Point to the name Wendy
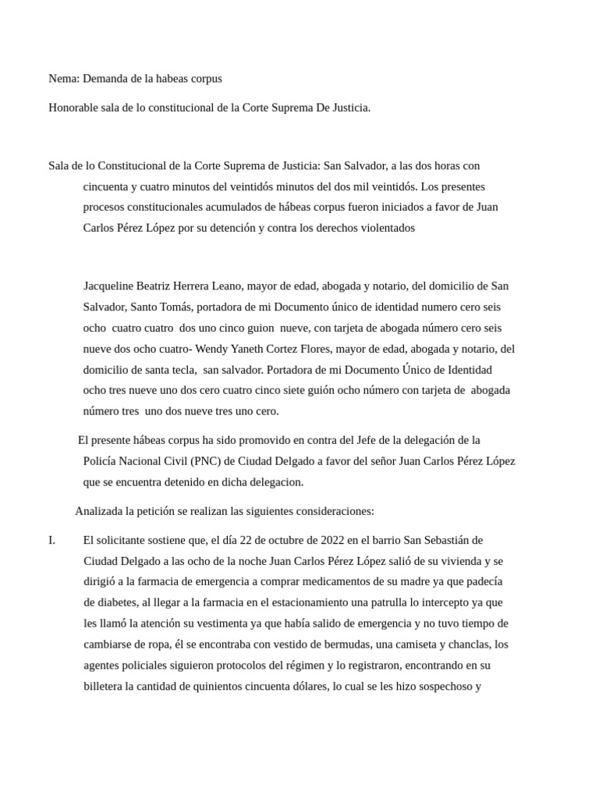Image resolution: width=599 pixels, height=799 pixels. pyautogui.click(x=212, y=349)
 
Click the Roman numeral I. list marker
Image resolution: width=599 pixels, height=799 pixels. pyautogui.click(x=52, y=540)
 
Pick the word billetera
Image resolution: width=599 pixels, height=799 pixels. pyautogui.click(x=106, y=687)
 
